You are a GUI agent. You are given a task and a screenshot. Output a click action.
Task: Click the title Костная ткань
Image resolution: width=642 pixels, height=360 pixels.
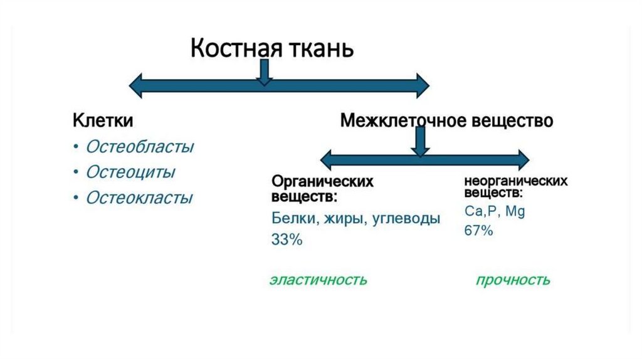[x=272, y=48]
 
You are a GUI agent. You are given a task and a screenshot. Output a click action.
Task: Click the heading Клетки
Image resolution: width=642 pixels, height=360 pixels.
[x=103, y=120]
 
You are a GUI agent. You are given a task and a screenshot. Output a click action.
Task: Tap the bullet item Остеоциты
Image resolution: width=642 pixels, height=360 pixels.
[x=130, y=172]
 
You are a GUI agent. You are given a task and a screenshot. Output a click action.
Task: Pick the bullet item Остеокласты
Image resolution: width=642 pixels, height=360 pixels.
[x=139, y=198]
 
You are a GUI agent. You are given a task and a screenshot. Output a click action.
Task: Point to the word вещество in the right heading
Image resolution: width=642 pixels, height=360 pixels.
[x=513, y=120]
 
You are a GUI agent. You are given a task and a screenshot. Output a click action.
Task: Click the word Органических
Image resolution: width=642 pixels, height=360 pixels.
[x=322, y=182]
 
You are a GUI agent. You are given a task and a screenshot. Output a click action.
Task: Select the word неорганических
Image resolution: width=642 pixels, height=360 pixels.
[x=515, y=181]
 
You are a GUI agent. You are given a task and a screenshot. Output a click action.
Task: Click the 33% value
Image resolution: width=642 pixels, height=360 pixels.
[x=287, y=239]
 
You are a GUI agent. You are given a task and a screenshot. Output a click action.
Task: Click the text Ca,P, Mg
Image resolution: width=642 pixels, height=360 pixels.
[x=495, y=211]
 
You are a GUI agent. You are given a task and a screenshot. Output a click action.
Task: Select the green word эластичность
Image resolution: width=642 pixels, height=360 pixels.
[x=318, y=280]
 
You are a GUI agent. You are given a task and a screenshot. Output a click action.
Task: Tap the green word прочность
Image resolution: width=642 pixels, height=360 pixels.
[x=513, y=280]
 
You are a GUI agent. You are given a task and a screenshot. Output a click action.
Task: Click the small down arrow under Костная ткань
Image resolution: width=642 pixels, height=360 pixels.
[x=265, y=73]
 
